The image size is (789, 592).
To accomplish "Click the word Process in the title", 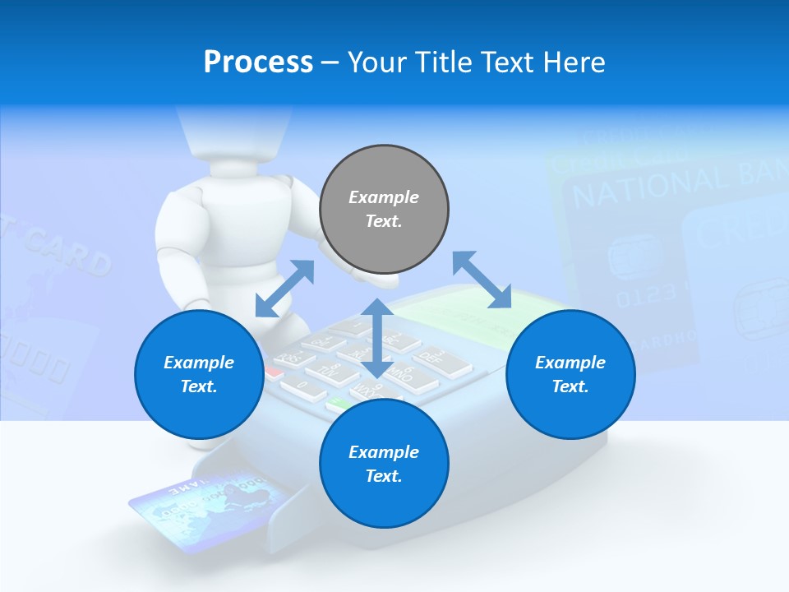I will tap(258, 62).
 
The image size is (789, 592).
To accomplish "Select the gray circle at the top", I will tap(384, 209).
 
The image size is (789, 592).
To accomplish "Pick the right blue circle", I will tap(570, 374).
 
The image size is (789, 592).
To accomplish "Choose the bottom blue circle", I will tap(384, 464).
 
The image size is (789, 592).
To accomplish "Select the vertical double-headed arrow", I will tap(376, 338).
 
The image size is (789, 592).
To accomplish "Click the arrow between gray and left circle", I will tap(285, 288).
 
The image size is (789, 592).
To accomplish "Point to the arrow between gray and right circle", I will tap(482, 280).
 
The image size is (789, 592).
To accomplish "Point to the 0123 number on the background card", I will tap(645, 294).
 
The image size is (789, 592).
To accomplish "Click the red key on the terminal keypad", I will tap(274, 372).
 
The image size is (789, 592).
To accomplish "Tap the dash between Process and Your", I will tap(330, 62).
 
